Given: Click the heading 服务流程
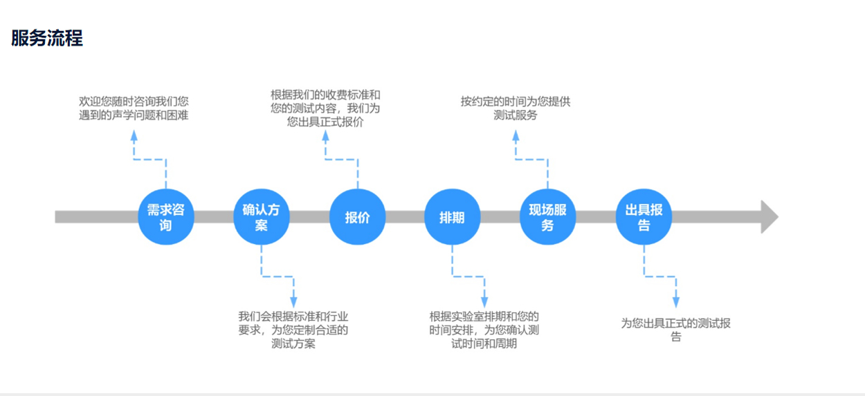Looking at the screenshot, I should tap(47, 39).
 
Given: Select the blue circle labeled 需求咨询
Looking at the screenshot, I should tap(166, 217).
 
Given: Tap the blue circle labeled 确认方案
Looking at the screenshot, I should tap(261, 217).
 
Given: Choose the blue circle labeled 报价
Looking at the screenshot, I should tap(357, 217).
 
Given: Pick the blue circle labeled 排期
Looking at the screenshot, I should tap(452, 217).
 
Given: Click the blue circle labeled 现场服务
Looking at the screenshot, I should tap(547, 217).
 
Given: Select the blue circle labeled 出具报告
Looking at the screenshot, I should tap(644, 217).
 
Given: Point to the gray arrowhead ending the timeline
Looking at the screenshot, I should tap(769, 217).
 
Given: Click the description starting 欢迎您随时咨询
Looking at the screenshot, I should tap(134, 109).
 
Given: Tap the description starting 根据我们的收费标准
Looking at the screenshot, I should tap(325, 109).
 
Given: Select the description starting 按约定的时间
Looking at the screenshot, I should tap(516, 109).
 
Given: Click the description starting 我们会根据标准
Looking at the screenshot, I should tap(293, 330).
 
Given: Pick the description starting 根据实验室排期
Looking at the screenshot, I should tap(484, 330).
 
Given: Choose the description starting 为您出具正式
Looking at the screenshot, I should tap(675, 330).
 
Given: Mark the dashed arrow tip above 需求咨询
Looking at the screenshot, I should tap(134, 135).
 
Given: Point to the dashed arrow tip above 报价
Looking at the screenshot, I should tap(325, 135).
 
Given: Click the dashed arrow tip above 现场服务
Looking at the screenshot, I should tap(516, 135).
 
